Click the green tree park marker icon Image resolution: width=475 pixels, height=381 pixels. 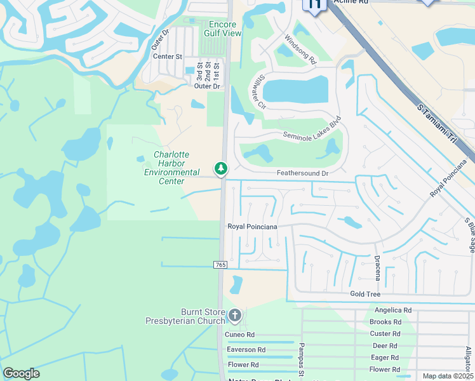tap(221, 168)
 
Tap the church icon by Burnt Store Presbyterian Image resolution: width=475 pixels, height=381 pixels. tap(235, 315)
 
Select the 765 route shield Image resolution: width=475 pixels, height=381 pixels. tap(220, 264)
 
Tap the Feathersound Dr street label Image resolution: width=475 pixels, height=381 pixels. tap(302, 173)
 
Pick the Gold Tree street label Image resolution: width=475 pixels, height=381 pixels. tap(365, 294)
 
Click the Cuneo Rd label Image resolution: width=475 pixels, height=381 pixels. tap(239, 335)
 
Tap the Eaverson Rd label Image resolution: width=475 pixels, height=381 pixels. tap(246, 350)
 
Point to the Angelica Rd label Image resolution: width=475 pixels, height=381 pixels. tap(393, 310)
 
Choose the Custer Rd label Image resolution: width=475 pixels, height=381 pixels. tap(385, 333)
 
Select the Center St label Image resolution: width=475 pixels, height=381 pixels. tap(168, 57)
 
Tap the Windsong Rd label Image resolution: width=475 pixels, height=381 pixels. tap(300, 50)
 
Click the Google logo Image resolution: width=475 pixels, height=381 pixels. tap(21, 373)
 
